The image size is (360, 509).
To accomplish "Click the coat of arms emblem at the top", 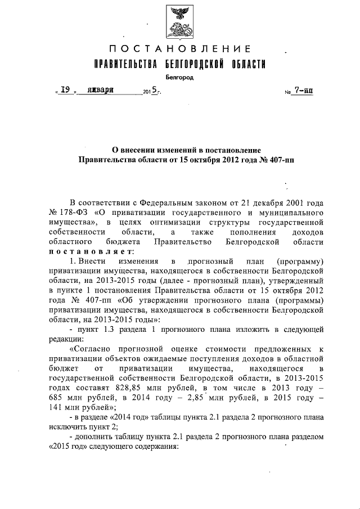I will pyautogui.click(x=180, y=21).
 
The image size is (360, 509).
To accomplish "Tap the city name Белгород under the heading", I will pyautogui.click(x=179, y=77).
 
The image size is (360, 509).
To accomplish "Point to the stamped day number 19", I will pyautogui.click(x=65, y=89).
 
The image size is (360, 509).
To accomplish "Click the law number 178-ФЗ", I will pyautogui.click(x=71, y=214).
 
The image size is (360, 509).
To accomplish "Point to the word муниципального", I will pyautogui.click(x=294, y=214).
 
